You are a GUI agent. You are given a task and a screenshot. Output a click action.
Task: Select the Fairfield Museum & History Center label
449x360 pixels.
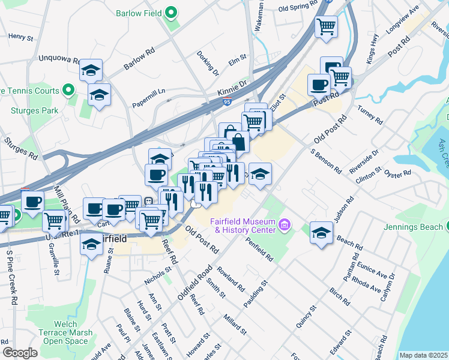(243, 226)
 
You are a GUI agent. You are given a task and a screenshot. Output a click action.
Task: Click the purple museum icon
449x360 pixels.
(285, 226)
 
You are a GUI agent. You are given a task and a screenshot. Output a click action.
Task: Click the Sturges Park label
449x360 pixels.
(34, 110)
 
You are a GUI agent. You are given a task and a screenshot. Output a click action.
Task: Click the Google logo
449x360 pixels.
(19, 353)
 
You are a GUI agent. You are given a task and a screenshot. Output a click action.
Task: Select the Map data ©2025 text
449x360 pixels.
(423, 355)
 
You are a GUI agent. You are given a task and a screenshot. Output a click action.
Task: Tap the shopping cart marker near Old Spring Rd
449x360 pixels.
(326, 26)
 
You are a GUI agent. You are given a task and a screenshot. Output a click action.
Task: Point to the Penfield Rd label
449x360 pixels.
(259, 249)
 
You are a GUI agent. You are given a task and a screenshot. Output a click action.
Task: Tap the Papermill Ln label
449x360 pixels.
(149, 90)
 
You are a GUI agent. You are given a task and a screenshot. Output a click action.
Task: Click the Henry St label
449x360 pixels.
(21, 37)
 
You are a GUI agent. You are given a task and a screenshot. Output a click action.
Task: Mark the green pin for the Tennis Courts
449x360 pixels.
(68, 91)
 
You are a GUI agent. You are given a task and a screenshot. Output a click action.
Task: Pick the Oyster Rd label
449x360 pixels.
(398, 174)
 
